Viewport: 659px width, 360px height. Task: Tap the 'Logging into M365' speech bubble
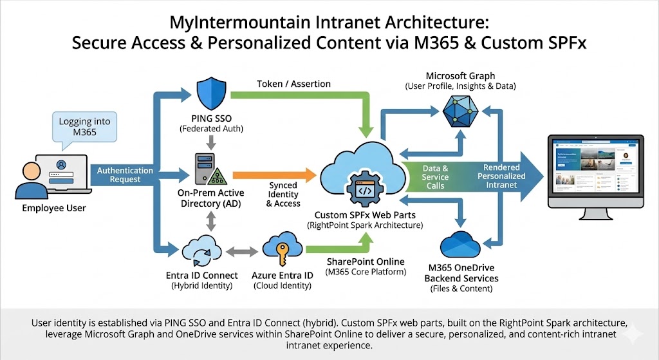click(84, 127)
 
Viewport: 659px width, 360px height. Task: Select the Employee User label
click(54, 208)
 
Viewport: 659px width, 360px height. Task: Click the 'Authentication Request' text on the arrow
click(125, 175)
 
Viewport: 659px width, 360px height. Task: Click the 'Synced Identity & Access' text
click(283, 194)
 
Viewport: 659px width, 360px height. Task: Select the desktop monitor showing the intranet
click(595, 171)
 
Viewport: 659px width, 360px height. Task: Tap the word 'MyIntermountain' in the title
click(226, 24)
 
